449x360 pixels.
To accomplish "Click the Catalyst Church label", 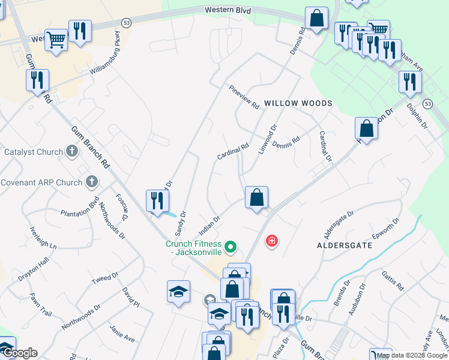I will coord(34,152).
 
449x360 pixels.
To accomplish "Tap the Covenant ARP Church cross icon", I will coord(92,181).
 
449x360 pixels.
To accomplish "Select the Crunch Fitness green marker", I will coord(229,247).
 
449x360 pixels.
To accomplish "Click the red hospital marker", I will coord(272,241).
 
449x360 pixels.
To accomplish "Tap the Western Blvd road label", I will coord(228,10).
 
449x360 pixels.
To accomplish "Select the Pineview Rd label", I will coord(244,97).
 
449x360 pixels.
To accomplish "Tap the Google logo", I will coord(19,353).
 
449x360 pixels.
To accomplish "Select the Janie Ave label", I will coord(122,334).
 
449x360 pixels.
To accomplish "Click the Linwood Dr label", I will coord(267,139).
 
